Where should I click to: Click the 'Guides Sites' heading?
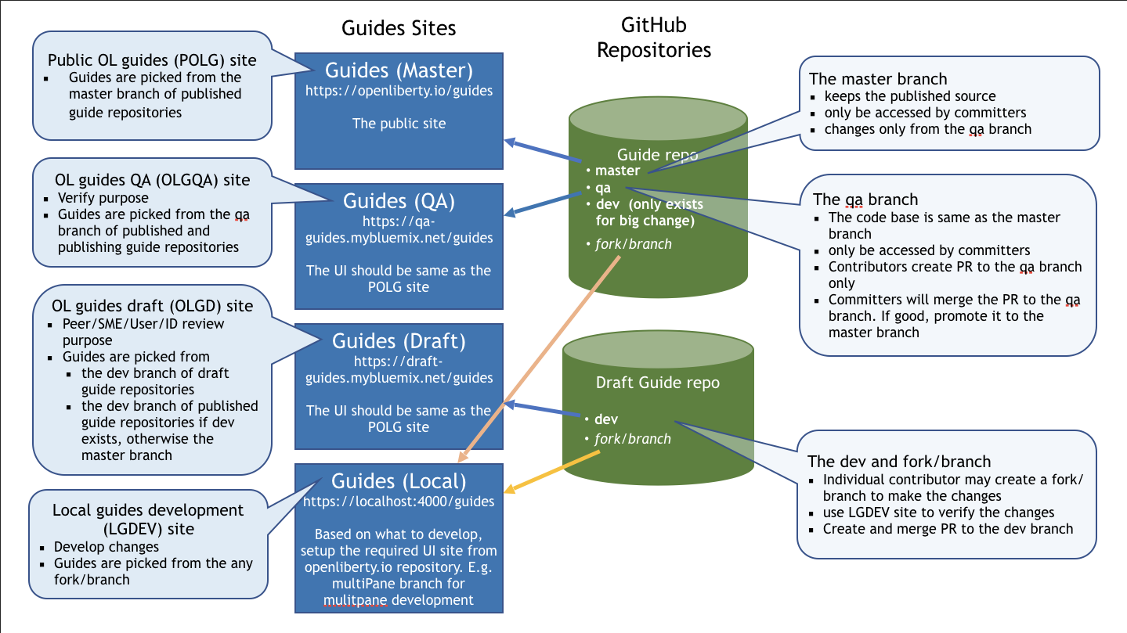[x=399, y=29]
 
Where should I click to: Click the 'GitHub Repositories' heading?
[x=654, y=38]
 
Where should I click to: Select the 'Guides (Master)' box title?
[x=399, y=70]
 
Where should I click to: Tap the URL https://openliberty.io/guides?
[x=399, y=91]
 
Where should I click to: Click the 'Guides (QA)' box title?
[x=399, y=201]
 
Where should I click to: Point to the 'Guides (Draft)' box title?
[x=399, y=341]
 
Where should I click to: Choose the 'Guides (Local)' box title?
[x=399, y=480]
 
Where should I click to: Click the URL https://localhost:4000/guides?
[x=399, y=501]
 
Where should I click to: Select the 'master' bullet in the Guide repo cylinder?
[x=617, y=171]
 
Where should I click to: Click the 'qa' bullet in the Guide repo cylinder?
[x=603, y=188]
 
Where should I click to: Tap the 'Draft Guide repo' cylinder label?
[x=657, y=383]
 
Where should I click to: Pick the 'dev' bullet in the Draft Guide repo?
[x=606, y=419]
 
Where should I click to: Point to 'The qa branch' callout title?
[x=865, y=199]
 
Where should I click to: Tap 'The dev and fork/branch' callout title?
[x=899, y=461]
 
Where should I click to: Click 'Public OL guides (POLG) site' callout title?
[x=152, y=60]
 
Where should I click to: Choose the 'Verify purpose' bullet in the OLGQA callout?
[x=103, y=198]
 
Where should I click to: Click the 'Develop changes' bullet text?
[x=107, y=547]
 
